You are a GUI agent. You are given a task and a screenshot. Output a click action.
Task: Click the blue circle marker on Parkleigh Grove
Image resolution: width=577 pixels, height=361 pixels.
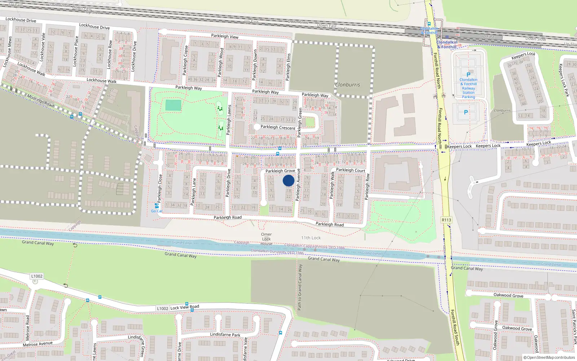(x=288, y=180)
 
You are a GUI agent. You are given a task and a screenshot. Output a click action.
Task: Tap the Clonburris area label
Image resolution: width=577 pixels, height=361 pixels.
(x=347, y=85)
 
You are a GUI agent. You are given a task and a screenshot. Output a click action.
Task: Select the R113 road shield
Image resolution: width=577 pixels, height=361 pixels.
(x=446, y=220)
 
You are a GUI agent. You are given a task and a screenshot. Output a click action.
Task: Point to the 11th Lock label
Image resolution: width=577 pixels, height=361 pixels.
(x=311, y=238)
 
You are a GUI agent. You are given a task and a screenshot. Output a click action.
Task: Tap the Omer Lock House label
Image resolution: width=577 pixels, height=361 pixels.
(x=267, y=239)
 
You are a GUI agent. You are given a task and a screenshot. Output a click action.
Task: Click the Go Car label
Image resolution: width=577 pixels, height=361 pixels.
(x=157, y=211)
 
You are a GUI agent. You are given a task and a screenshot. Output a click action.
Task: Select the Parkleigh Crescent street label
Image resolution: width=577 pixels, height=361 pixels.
(x=278, y=127)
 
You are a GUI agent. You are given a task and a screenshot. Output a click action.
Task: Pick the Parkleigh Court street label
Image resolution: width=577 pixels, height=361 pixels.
(x=351, y=170)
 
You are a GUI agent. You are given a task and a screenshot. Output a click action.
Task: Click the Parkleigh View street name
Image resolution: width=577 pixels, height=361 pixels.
(x=225, y=36)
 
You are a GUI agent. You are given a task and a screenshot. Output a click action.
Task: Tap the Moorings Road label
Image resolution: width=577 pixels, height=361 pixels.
(x=40, y=101)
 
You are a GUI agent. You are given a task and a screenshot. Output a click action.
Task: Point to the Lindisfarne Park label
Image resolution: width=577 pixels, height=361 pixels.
(x=225, y=335)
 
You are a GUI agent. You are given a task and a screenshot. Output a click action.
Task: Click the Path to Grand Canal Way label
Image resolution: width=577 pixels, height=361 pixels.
(x=300, y=287)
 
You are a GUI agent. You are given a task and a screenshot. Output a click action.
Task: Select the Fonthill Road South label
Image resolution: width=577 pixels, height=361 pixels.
(x=454, y=327)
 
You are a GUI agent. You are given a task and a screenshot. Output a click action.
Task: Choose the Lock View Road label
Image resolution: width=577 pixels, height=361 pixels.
(x=185, y=307)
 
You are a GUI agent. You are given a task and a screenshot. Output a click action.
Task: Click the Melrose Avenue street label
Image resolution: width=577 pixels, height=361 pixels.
(x=38, y=344)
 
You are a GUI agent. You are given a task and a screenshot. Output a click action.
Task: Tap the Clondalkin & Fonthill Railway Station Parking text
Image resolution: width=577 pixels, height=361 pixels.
(x=468, y=88)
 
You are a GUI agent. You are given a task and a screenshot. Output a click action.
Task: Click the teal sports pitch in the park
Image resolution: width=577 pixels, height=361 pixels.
(x=173, y=105)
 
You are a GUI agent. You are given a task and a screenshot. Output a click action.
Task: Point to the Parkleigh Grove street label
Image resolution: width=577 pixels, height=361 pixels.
(x=280, y=171)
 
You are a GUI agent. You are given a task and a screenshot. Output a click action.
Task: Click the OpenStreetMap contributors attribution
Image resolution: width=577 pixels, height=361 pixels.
(x=549, y=357)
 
